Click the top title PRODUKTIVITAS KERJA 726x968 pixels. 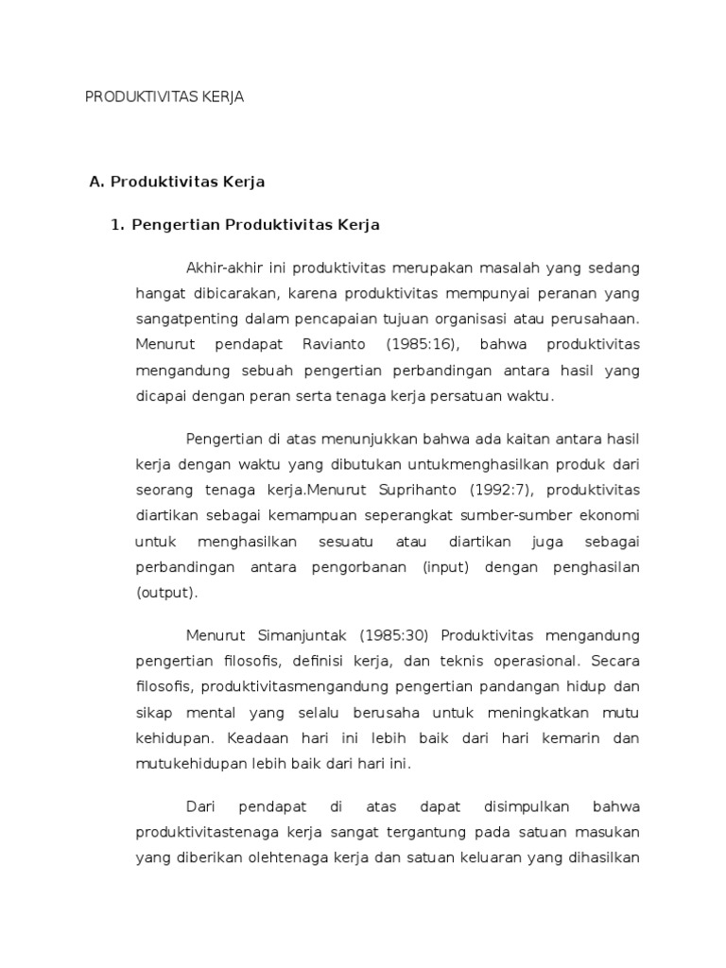tap(165, 97)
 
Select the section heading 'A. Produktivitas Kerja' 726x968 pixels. tap(177, 181)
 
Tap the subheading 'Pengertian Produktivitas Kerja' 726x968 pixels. tap(256, 225)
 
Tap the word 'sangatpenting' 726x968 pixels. tap(182, 319)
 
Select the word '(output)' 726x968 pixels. tap(167, 592)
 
